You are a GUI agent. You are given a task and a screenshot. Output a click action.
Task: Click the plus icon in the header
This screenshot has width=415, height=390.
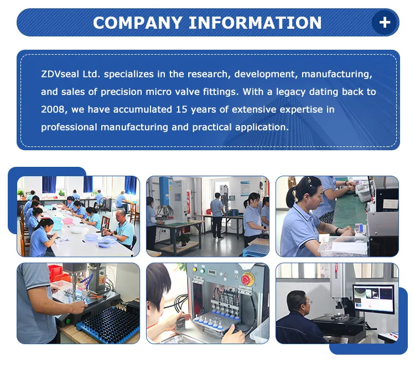tap(385, 23)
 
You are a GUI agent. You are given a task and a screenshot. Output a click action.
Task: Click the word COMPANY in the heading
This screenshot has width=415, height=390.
tap(137, 23)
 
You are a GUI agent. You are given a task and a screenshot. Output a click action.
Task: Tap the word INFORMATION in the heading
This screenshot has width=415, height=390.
tap(255, 23)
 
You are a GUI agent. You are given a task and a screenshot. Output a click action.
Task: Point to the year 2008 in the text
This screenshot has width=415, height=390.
tap(53, 109)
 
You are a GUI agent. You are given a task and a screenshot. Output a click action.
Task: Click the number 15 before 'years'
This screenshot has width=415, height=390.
tap(181, 109)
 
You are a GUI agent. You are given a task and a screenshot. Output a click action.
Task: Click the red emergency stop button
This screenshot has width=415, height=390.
tap(247, 280)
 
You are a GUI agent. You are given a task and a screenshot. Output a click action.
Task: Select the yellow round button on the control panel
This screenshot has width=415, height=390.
tap(195, 270)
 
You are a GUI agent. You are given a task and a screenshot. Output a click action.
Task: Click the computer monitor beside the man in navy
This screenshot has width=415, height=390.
tap(373, 298)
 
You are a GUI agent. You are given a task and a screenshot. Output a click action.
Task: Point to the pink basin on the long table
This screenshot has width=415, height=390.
tap(68, 221)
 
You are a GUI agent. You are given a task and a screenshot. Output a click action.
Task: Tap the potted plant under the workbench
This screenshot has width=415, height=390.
tap(184, 240)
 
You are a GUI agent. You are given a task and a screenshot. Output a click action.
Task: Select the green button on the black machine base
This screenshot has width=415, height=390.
tap(68, 322)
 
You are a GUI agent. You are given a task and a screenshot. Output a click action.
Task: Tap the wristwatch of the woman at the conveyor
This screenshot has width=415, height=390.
tap(338, 231)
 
